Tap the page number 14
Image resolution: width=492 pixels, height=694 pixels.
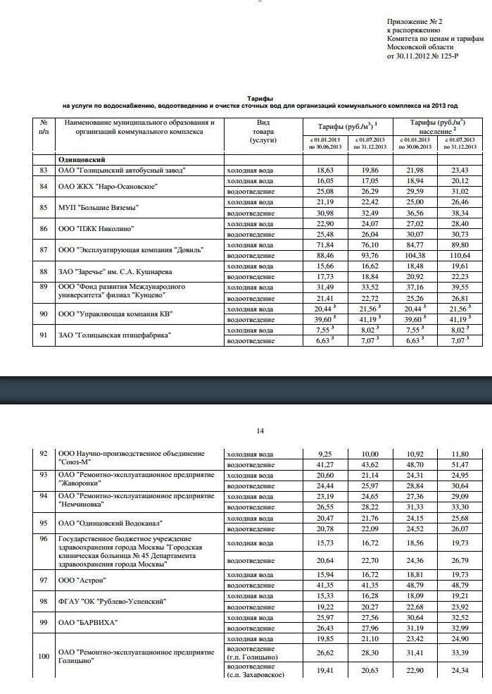[x=260, y=430]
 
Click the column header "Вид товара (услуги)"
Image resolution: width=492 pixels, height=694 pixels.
[x=262, y=131]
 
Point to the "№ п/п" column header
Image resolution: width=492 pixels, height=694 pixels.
[x=44, y=127]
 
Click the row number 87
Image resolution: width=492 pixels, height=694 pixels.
[x=44, y=250]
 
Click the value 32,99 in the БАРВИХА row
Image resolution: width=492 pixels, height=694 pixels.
[x=460, y=628]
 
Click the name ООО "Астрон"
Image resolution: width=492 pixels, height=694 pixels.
[x=82, y=580]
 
